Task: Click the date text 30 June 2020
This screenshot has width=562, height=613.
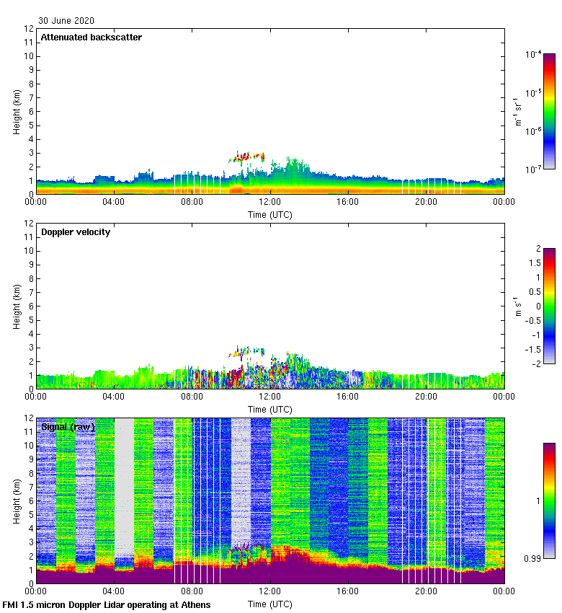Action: click(66, 21)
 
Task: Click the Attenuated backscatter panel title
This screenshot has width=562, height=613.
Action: click(91, 38)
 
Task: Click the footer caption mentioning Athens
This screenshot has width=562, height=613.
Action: click(107, 605)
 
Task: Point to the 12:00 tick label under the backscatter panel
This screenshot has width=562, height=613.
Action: click(270, 203)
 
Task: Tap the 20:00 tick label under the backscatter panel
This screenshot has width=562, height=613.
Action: click(426, 203)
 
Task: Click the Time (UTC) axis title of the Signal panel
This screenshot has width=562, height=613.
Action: click(270, 604)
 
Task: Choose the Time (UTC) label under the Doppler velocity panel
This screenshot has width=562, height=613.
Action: click(270, 409)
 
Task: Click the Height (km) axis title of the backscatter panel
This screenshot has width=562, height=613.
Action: click(17, 111)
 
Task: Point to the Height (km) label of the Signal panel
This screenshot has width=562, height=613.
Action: click(17, 500)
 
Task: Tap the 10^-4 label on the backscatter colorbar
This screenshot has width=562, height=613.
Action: click(534, 54)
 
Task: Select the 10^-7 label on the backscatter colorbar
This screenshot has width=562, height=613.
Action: click(534, 169)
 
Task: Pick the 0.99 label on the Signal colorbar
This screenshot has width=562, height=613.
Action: click(533, 559)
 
